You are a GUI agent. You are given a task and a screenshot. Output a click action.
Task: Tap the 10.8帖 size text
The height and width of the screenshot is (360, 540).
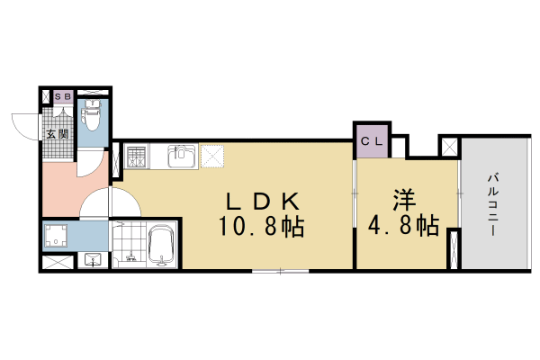(x=261, y=227)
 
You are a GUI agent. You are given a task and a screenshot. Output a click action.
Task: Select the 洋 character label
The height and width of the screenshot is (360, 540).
(x=401, y=200)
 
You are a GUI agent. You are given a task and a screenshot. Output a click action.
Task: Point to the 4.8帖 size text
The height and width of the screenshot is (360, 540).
(x=403, y=226)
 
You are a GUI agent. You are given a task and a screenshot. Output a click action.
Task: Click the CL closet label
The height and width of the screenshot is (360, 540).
(x=372, y=141)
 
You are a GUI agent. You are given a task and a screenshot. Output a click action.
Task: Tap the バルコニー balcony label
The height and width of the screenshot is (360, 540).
(x=494, y=204)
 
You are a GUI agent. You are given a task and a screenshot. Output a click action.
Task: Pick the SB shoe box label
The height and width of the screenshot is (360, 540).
(x=63, y=95)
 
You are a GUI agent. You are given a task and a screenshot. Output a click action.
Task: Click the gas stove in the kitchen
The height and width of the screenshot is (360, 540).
(x=137, y=158)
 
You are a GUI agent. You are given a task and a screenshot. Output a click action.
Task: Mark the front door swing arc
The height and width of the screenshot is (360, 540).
(x=22, y=123)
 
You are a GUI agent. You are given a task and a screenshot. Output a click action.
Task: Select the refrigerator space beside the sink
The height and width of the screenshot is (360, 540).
(x=212, y=157)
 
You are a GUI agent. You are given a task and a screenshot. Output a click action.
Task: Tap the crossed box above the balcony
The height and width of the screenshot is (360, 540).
(x=448, y=146)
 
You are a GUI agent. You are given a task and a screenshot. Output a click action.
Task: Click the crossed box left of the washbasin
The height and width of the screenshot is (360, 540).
(x=57, y=263)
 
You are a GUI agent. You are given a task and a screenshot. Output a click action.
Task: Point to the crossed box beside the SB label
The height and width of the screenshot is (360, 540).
(x=45, y=95)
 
